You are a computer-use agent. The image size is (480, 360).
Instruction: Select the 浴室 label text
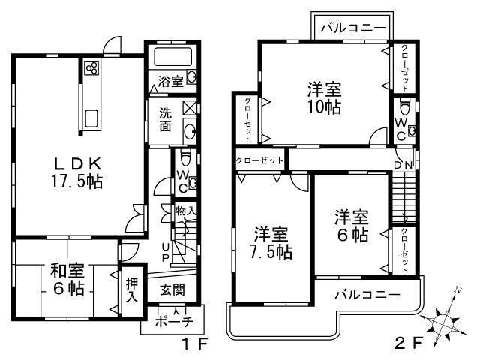pyautogui.click(x=170, y=80)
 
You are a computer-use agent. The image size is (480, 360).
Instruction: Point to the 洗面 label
pyautogui.click(x=165, y=121)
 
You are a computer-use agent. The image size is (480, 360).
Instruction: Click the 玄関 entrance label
pyautogui.click(x=171, y=289)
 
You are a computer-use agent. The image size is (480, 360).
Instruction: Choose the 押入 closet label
pyautogui.click(x=132, y=289)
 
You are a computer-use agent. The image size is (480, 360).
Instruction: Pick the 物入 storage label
pyautogui.click(x=185, y=211)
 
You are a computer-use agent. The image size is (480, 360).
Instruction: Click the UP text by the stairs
pyautogui.click(x=166, y=253)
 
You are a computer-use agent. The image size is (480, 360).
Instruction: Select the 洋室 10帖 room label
pyautogui.click(x=323, y=97)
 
